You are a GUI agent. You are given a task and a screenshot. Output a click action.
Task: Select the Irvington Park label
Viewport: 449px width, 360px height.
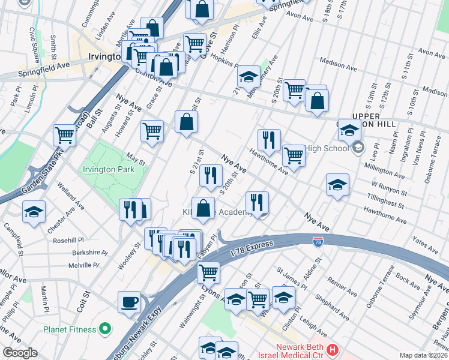click(109, 170)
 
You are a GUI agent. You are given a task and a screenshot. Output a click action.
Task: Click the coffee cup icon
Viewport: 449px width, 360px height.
click(129, 301)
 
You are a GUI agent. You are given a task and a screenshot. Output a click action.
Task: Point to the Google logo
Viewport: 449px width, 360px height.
click(20, 353)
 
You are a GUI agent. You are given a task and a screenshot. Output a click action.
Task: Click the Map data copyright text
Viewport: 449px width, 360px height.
click(423, 355)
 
